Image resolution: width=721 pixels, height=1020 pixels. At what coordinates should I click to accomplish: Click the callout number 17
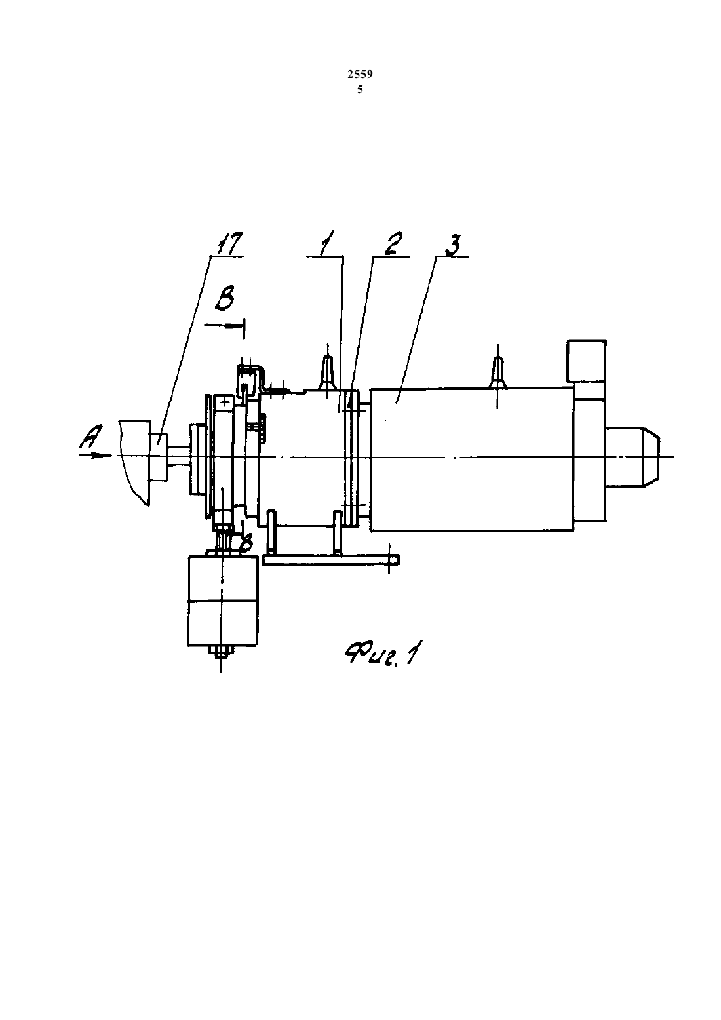click(x=230, y=245)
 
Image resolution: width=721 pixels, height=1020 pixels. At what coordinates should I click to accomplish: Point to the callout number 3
click(x=451, y=245)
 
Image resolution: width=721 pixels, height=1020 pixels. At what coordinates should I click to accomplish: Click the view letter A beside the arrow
click(x=92, y=436)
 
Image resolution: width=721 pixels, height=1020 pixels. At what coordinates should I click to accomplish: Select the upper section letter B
click(x=224, y=300)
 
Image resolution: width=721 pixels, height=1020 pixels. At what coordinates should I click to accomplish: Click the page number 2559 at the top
click(x=360, y=75)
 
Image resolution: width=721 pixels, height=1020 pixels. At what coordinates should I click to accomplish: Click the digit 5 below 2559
click(x=360, y=90)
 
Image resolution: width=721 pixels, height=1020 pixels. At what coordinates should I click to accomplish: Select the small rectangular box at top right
click(x=586, y=361)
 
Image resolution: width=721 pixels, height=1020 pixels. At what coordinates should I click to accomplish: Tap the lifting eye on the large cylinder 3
click(x=498, y=372)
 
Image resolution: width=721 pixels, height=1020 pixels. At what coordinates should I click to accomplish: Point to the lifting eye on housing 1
click(x=327, y=372)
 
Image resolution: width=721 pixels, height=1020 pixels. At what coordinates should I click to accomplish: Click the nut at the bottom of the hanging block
click(x=221, y=651)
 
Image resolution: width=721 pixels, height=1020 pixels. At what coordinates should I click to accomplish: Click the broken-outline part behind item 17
click(x=134, y=461)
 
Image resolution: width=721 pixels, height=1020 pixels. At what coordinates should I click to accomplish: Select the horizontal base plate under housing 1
click(x=332, y=559)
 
